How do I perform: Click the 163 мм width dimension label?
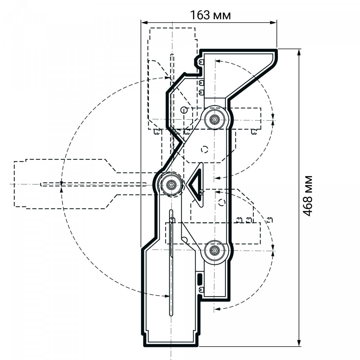click(x=210, y=15)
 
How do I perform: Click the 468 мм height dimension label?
click(x=307, y=196)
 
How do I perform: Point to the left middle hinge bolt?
click(x=171, y=185)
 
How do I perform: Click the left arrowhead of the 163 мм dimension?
click(x=144, y=22)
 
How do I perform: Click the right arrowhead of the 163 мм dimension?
click(x=273, y=22)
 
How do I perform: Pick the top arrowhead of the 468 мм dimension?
click(x=299, y=52)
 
